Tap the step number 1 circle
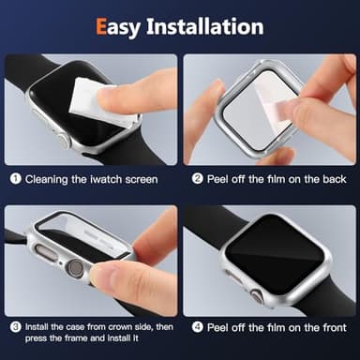(x=16, y=178)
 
